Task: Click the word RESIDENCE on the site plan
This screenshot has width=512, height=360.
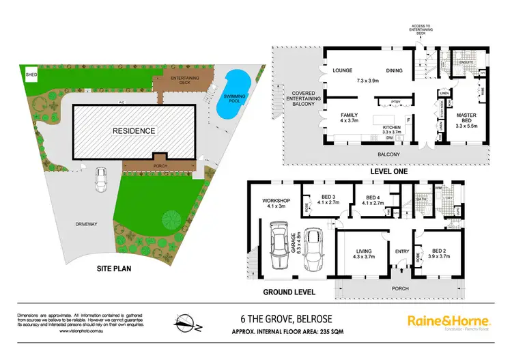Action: tap(134, 130)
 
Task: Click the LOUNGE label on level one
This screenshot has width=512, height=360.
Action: tap(342, 70)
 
